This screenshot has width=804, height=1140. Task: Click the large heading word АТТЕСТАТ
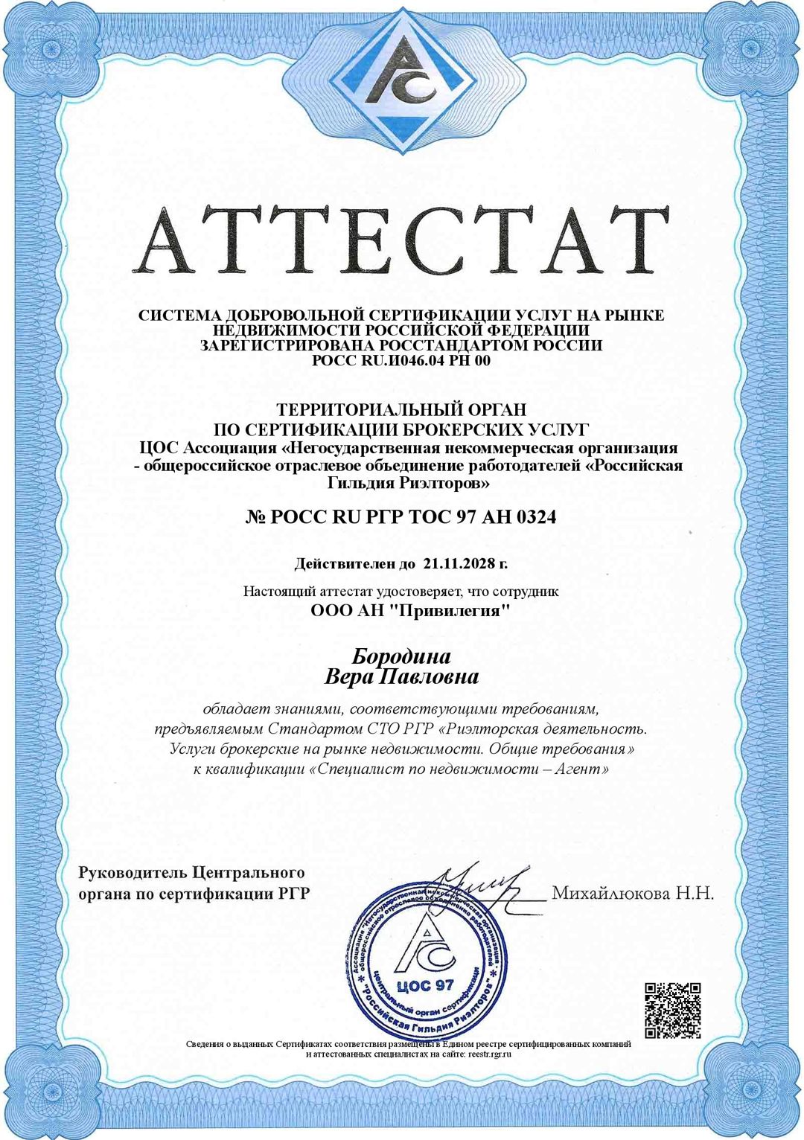tap(401, 240)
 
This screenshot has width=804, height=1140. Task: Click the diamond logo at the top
tap(403, 77)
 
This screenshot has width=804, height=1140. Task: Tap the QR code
tap(672, 1010)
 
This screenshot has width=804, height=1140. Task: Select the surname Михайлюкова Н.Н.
tap(632, 893)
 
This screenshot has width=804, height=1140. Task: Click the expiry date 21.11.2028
tap(459, 563)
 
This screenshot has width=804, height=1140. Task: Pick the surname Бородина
tap(401, 656)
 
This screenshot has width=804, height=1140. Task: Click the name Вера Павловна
tap(401, 677)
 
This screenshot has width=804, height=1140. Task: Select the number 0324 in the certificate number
tap(535, 516)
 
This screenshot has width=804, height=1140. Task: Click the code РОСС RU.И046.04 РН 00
tap(401, 361)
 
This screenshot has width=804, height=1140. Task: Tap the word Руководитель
tap(133, 872)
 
